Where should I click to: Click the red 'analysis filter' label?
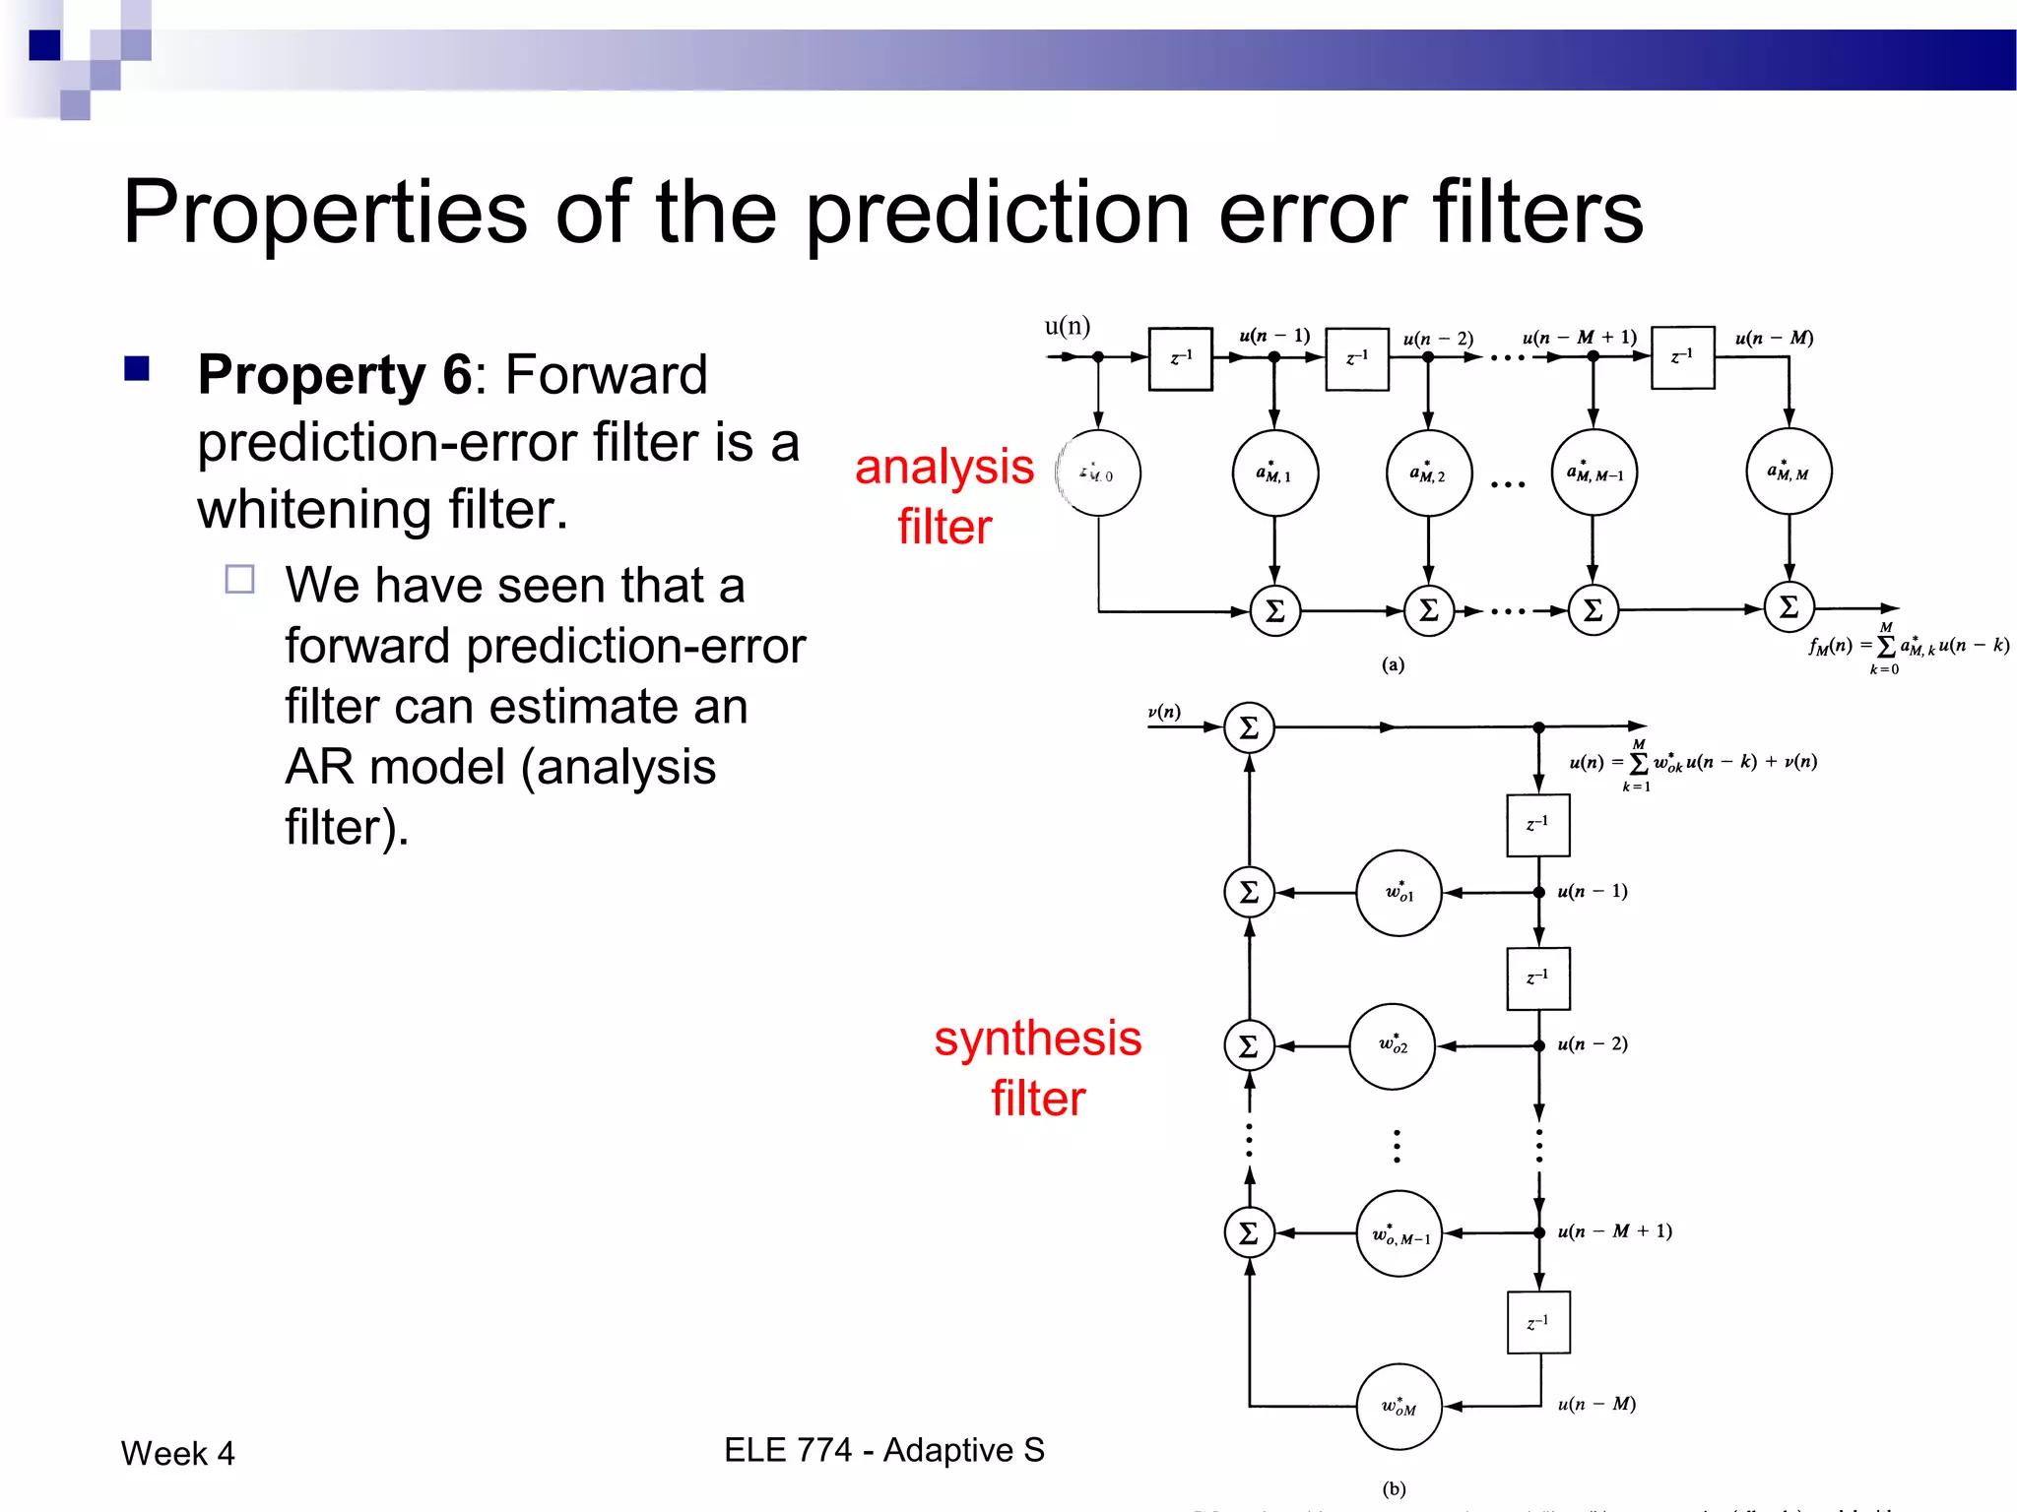[x=943, y=495]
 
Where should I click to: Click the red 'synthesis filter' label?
[x=1037, y=1067]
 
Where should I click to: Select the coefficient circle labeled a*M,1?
[x=1274, y=473]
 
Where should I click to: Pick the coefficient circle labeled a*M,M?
[x=1789, y=472]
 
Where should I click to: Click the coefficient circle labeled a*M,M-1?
[x=1594, y=472]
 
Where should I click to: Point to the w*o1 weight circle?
[x=1399, y=893]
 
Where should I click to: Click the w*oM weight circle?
[x=1399, y=1407]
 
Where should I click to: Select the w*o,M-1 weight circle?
[x=1399, y=1233]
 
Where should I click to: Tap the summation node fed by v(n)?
[x=1249, y=727]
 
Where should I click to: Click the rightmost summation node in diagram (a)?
[x=1789, y=607]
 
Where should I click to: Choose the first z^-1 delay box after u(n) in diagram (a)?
[x=1180, y=358]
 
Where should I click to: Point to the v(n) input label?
[x=1164, y=711]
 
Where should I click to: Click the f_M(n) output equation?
[x=1907, y=647]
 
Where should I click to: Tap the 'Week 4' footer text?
[x=177, y=1453]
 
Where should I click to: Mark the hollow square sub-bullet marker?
[x=239, y=579]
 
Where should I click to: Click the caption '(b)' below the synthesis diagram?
[x=1394, y=1488]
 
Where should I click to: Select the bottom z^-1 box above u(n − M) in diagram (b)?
[x=1538, y=1323]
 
